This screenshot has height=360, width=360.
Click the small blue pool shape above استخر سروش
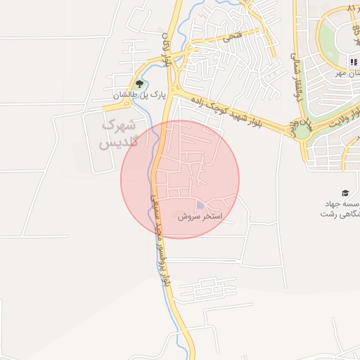[200, 206]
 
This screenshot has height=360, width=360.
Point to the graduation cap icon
[345, 193]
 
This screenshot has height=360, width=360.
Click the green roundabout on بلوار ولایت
[302, 129]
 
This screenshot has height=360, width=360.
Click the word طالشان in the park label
[126, 94]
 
